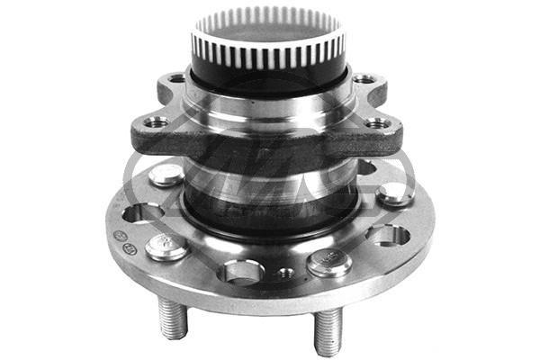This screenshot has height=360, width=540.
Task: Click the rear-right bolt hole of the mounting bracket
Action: tap(365, 79)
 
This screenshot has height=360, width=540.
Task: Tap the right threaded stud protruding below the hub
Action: tap(328, 329)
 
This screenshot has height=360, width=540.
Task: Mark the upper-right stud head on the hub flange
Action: tap(395, 193)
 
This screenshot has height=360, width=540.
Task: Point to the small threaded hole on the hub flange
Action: tap(287, 272)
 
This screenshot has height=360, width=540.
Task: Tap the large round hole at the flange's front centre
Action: tap(241, 269)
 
